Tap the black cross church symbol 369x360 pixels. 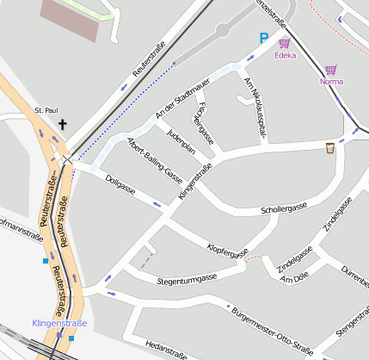click(62, 125)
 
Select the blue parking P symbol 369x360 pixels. click(264, 38)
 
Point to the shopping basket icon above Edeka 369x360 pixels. click(284, 43)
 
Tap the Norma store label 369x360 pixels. click(331, 82)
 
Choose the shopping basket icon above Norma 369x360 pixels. click(331, 70)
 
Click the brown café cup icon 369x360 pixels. click(329, 148)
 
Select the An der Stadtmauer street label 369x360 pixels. click(181, 102)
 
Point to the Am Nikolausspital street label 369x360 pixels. click(255, 107)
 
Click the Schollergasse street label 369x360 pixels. click(284, 209)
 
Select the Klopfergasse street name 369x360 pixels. click(228, 248)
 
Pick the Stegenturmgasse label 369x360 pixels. click(188, 278)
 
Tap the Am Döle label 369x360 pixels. click(294, 277)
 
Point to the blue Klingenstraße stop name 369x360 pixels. click(58, 323)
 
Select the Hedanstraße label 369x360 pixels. click(167, 351)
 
